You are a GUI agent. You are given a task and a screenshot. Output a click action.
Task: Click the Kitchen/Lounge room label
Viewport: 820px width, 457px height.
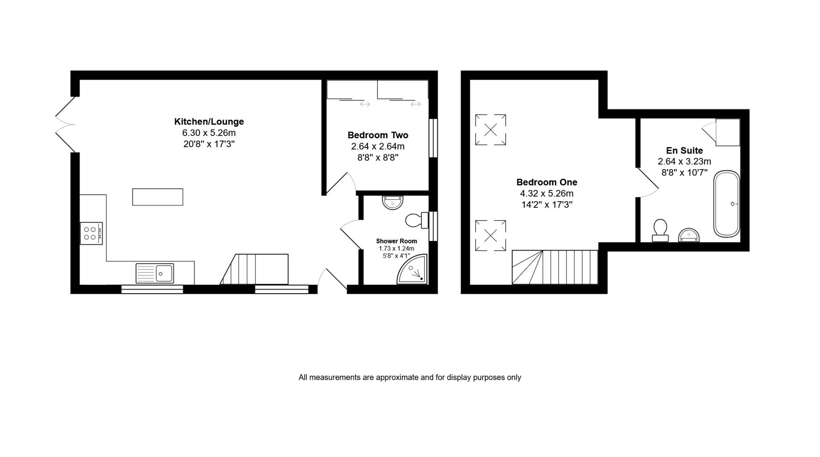coord(209,121)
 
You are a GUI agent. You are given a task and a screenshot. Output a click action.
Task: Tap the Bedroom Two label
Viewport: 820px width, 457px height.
coord(378,135)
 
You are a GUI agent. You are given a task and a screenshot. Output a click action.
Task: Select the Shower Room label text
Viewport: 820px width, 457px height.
coord(396,241)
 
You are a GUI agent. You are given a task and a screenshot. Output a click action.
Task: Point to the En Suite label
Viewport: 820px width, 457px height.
coord(684,150)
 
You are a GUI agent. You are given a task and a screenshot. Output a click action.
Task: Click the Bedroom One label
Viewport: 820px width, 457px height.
coord(547,182)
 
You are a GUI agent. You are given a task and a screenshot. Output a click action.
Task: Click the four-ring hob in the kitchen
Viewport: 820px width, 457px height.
coord(91,233)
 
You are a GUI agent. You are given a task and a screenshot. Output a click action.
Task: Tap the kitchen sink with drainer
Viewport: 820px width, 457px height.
coord(155,273)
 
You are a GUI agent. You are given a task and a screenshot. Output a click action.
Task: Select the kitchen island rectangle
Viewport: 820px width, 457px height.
coord(158,197)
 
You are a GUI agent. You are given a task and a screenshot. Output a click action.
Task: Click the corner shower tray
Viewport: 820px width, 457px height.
coord(412,269)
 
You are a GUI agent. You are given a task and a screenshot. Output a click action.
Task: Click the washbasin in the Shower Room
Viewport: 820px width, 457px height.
coord(392,202)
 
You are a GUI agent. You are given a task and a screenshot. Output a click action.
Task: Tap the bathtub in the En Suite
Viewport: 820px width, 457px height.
coord(727,204)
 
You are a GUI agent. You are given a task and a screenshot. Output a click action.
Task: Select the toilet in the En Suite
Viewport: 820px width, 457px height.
coord(660,231)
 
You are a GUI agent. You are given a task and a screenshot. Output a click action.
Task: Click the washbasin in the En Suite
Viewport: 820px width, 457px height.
coord(689,235)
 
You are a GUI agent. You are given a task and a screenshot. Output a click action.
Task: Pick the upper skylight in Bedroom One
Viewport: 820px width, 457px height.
coord(490,129)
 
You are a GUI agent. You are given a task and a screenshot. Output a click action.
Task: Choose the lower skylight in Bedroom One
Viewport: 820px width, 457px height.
coord(490,236)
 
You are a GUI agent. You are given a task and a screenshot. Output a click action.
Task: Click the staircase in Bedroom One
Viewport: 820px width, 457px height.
coord(555,267)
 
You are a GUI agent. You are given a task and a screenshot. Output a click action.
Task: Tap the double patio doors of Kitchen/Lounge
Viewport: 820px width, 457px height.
coord(65,125)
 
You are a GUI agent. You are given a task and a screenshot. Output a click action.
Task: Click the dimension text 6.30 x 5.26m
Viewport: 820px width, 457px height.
coord(209,133)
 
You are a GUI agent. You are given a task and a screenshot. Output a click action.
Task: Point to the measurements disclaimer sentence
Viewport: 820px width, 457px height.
coord(410,377)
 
